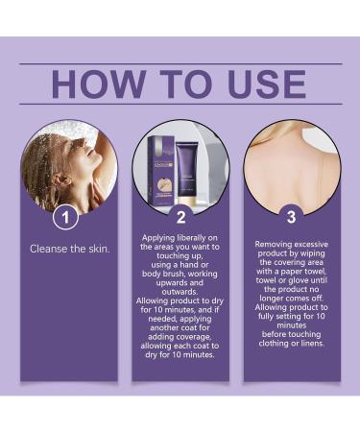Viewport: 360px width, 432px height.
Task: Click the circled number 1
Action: [65, 217]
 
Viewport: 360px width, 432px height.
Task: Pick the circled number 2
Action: [180, 217]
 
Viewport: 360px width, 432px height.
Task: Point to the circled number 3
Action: [292, 217]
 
